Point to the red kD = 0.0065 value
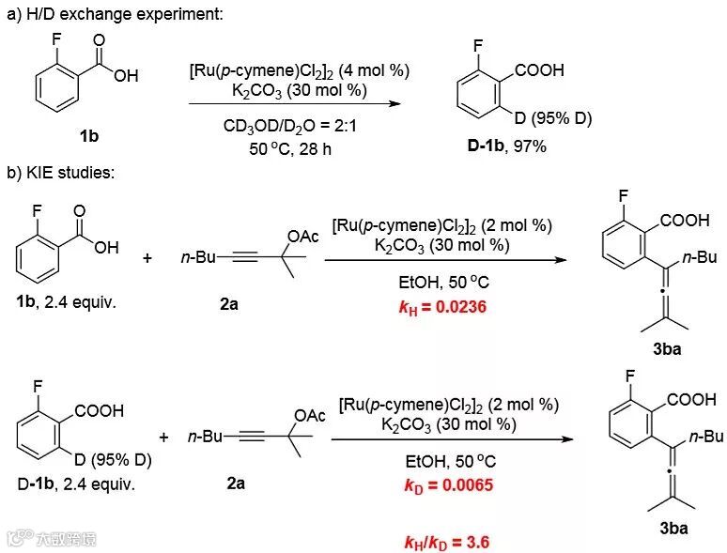click(x=448, y=485)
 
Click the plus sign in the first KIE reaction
click(x=147, y=256)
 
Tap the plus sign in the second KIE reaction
click(x=163, y=438)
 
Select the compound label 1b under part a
click(x=89, y=136)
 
